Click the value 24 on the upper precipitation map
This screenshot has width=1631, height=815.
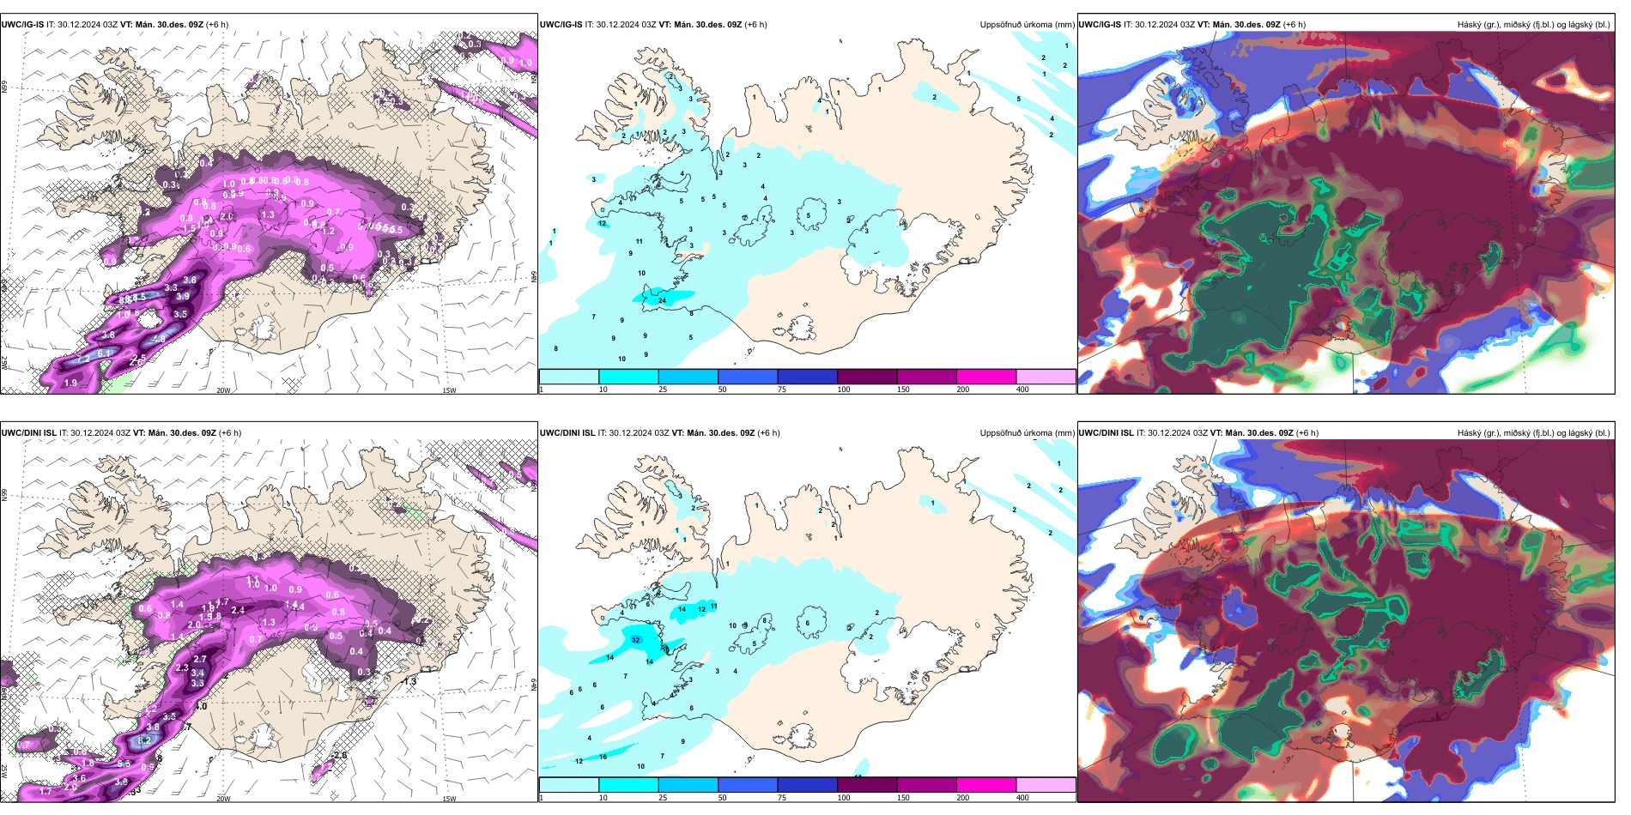662,300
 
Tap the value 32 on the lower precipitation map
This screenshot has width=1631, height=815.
635,640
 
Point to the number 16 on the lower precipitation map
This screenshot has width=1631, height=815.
603,757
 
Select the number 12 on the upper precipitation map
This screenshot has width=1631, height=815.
602,223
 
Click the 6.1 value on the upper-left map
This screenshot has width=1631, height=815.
104,353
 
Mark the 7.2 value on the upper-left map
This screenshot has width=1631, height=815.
83,359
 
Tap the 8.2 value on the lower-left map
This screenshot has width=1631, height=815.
144,740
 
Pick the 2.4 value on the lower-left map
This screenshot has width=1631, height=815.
238,610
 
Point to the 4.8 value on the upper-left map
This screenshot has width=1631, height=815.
159,339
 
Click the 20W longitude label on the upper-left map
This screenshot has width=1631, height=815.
223,390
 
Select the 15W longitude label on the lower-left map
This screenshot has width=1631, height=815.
449,799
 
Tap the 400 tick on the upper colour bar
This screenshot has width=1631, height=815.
1022,389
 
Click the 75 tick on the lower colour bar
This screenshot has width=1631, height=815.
782,798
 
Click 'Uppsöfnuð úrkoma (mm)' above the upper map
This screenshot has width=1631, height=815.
1027,25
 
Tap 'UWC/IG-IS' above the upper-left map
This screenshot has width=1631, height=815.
22,25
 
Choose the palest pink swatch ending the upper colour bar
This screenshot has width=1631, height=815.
1046,377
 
